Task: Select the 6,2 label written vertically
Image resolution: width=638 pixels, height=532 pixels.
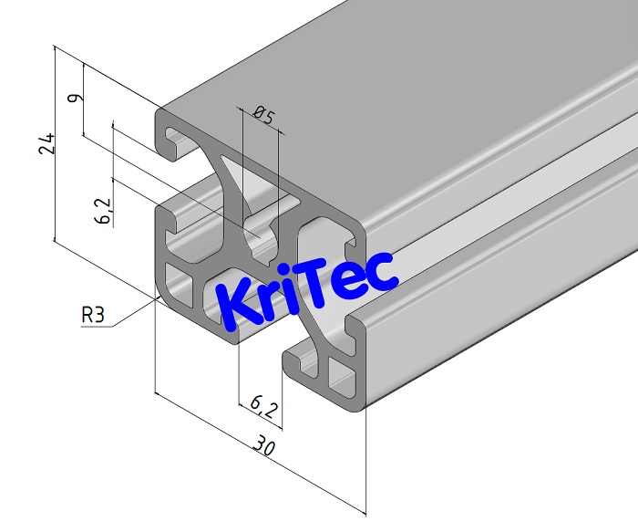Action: (105, 211)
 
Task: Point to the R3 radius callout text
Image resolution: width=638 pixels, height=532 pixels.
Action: (93, 316)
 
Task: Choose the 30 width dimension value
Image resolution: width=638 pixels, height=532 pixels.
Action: (264, 447)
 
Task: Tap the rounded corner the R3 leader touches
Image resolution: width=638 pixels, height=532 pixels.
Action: (161, 294)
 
